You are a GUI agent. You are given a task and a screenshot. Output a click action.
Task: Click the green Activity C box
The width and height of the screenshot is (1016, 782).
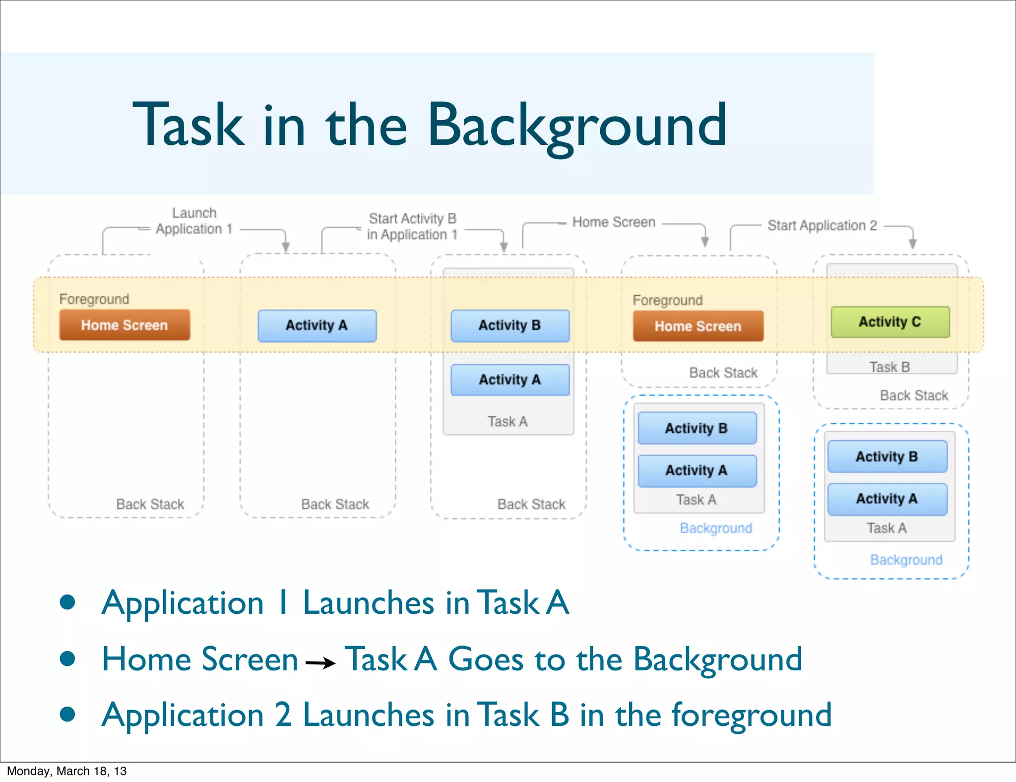(890, 322)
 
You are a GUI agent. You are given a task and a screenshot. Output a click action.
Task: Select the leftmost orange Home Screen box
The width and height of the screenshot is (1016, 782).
(125, 325)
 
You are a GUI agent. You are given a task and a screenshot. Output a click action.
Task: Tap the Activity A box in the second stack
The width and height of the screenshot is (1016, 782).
(317, 326)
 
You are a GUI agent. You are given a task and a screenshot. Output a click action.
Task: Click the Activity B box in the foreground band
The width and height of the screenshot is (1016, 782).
(510, 326)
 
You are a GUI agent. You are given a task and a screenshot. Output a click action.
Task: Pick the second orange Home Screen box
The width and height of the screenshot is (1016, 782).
(698, 326)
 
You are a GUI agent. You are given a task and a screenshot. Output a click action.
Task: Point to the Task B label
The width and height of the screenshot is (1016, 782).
(889, 367)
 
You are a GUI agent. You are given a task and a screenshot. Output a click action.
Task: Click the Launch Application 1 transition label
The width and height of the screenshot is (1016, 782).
(194, 221)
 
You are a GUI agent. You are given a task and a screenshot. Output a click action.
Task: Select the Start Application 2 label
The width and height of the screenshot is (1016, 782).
(822, 225)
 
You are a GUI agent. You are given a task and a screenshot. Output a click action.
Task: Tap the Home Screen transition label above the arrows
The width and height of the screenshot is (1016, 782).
(614, 222)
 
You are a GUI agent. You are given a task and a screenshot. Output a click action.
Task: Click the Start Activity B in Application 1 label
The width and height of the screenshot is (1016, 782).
(412, 226)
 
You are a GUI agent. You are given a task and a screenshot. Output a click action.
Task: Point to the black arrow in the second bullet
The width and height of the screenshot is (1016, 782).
(320, 662)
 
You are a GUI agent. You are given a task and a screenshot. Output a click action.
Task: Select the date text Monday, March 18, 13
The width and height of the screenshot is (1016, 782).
(66, 771)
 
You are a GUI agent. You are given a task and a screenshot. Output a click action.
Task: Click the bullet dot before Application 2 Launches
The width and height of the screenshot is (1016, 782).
(67, 715)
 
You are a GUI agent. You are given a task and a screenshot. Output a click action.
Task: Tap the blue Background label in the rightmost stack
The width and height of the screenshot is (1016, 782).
(906, 560)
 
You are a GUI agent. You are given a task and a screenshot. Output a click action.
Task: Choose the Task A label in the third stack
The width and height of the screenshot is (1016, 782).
(508, 421)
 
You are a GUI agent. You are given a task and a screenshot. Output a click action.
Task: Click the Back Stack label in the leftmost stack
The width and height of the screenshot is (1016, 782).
(150, 504)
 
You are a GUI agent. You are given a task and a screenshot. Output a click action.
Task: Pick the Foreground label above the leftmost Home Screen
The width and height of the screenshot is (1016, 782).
(94, 299)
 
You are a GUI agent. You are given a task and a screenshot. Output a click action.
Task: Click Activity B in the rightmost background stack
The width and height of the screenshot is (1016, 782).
(887, 456)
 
